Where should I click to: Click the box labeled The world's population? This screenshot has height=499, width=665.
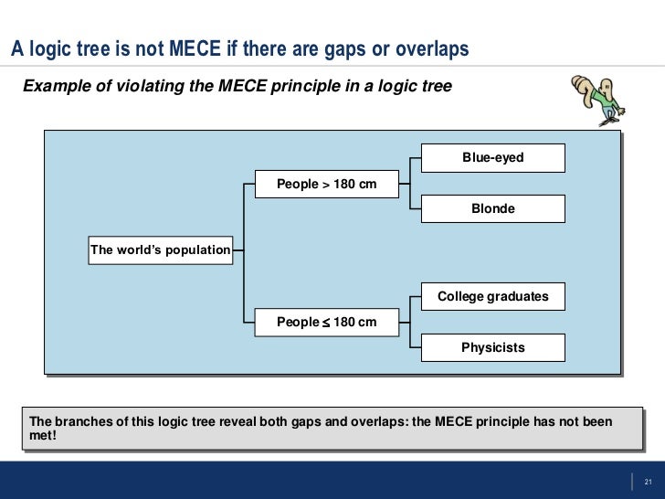tap(160, 249)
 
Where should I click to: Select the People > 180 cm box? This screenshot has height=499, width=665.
tap(326, 185)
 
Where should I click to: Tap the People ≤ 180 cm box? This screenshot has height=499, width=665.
tap(326, 322)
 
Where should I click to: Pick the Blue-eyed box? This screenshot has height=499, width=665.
tap(492, 158)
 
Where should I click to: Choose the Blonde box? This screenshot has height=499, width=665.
tap(492, 208)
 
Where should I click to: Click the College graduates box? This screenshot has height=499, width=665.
tap(492, 296)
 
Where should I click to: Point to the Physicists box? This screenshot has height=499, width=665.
tap(492, 347)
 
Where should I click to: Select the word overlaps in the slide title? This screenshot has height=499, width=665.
tap(429, 49)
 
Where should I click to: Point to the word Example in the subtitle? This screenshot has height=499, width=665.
tap(53, 87)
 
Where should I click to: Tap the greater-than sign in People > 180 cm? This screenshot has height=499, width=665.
tap(325, 186)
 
